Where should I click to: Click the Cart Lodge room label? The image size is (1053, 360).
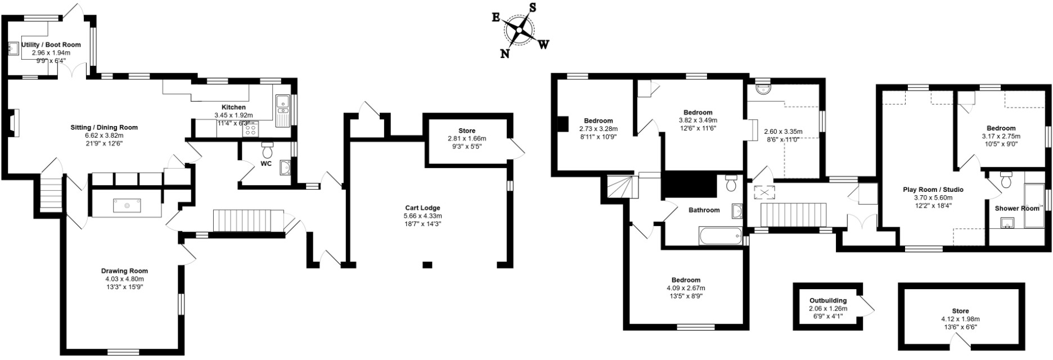(x=422, y=208)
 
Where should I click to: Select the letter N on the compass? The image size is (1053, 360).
(x=505, y=53)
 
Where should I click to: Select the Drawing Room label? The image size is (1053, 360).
(x=124, y=271)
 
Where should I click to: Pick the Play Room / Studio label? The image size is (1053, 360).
(x=933, y=190)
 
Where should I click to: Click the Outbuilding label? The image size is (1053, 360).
(x=828, y=300)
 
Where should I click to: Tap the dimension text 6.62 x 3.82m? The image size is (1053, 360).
(x=104, y=136)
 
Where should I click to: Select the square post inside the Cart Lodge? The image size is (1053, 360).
(x=427, y=264)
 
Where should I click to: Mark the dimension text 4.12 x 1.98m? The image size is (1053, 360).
(x=960, y=319)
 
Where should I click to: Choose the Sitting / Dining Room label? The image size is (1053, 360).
(x=104, y=128)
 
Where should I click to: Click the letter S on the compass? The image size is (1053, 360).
(x=532, y=8)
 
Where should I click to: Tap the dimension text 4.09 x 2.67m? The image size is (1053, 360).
(x=686, y=288)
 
